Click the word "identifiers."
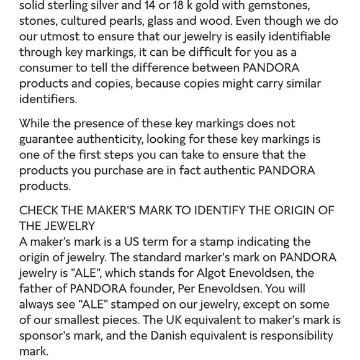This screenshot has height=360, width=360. click(48, 99)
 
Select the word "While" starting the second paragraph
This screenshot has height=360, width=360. click(37, 124)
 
